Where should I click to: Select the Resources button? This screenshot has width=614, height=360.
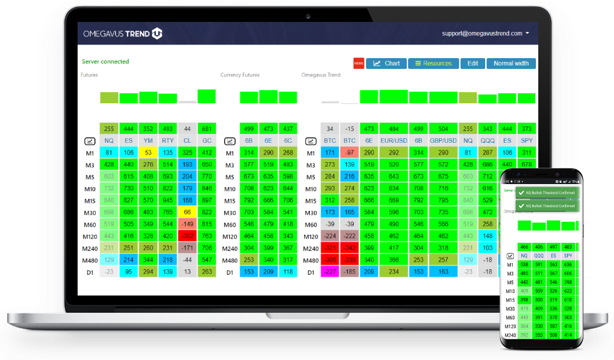pos(433,63)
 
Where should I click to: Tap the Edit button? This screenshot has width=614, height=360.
pos(473,63)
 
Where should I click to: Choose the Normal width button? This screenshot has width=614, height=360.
pos(511,63)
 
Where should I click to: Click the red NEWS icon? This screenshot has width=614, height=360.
pos(359,63)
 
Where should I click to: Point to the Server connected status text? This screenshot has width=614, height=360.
pos(105,62)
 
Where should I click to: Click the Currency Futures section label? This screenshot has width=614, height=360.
pos(240,75)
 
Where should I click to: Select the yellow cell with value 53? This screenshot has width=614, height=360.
pos(148,153)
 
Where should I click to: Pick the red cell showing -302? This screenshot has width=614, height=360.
pos(187,236)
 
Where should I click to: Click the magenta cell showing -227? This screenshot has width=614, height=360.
pos(330,272)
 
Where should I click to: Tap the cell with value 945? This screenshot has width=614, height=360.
pos(168,200)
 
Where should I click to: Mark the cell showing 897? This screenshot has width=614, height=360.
pos(207,200)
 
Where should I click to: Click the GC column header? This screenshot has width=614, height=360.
pos(207,141)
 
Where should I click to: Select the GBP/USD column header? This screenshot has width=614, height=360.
pos(443,141)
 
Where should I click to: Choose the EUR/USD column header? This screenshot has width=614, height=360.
pos(394,141)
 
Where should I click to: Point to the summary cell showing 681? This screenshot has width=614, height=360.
pos(207,128)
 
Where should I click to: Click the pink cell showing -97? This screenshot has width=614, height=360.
pos(349,153)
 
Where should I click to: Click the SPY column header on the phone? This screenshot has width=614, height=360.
pos(568,256)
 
